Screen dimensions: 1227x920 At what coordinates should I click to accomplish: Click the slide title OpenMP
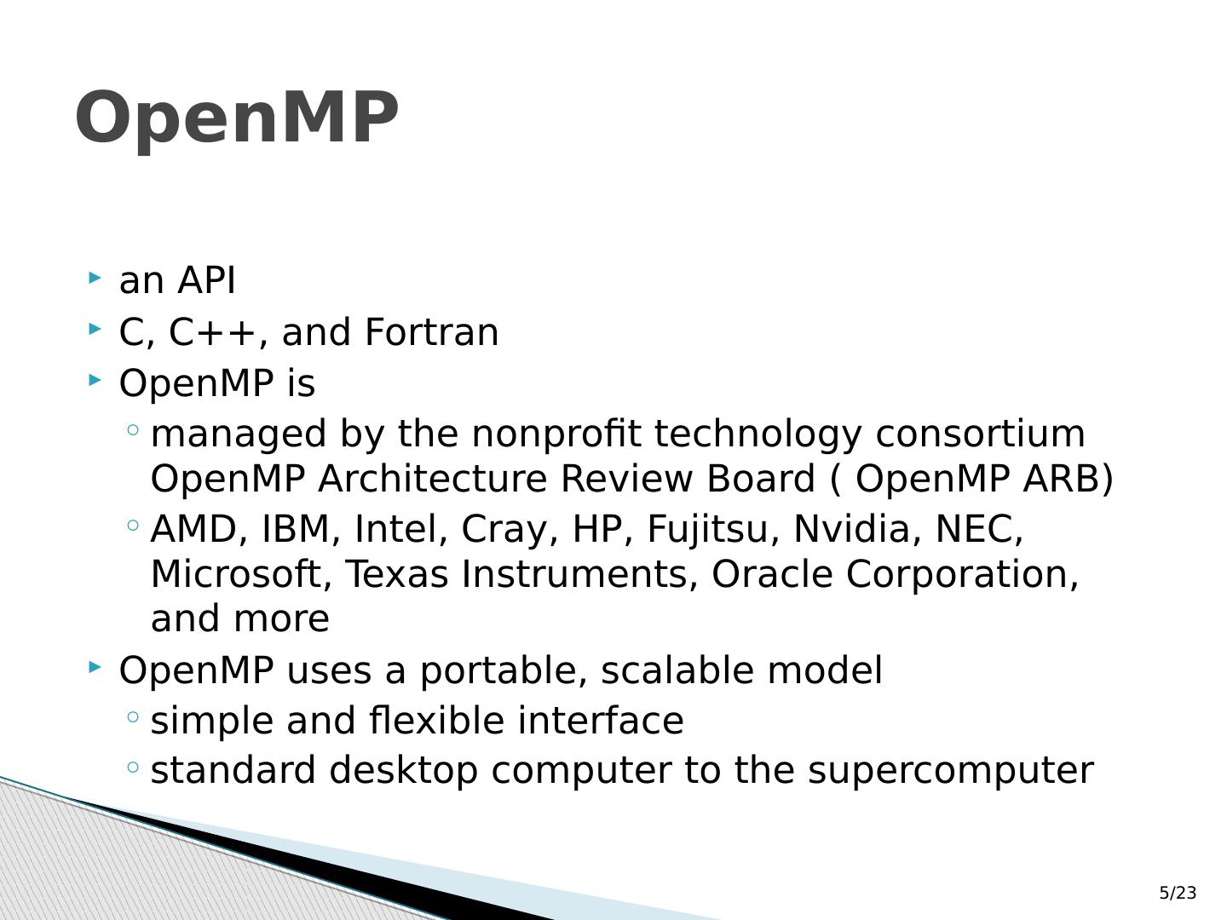point(237,119)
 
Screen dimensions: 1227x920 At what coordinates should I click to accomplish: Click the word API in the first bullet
point(206,280)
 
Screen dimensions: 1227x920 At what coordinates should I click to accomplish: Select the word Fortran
point(431,332)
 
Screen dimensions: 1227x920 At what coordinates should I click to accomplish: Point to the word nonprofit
point(556,434)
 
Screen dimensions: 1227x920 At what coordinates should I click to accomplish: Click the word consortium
point(980,434)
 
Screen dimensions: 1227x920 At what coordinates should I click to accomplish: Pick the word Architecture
point(432,479)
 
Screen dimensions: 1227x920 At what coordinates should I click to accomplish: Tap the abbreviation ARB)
point(1068,479)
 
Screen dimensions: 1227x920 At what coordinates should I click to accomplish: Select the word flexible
point(436,720)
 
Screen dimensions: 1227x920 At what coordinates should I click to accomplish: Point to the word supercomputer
point(950,771)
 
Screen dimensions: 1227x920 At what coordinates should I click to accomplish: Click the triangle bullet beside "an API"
point(95,277)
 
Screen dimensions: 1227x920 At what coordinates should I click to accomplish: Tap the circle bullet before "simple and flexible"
point(133,716)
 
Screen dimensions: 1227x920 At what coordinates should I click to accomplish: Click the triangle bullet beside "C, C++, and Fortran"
point(95,329)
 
